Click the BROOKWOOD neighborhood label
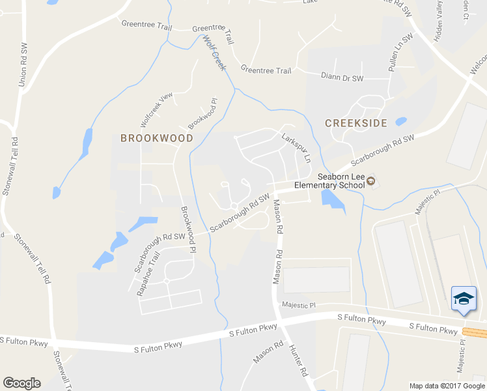tap(157, 138)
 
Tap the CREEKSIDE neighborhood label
tap(355, 123)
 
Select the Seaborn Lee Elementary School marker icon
tap(370, 181)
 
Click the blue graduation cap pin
tap(464, 298)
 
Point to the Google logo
tap(21, 383)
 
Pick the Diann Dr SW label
tap(342, 77)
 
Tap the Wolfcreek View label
tap(157, 109)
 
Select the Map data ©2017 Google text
tap(447, 386)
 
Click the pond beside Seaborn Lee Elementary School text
tap(333, 198)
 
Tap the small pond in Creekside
tap(400, 121)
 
